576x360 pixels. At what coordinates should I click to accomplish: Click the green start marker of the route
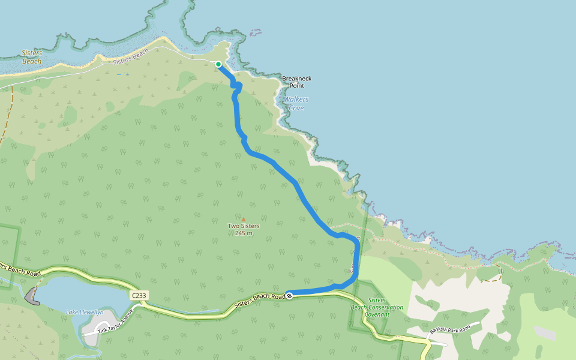(218, 64)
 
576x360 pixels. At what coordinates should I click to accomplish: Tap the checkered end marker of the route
(289, 295)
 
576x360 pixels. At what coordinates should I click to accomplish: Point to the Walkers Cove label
(296, 103)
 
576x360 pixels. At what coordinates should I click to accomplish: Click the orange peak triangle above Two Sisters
(244, 220)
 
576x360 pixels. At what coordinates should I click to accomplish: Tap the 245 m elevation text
(244, 233)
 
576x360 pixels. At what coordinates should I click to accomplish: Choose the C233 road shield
(138, 296)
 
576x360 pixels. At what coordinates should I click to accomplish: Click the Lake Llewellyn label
(85, 312)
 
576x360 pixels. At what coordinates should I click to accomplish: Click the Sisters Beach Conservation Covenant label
(377, 307)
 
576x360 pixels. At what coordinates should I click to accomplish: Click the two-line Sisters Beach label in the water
(32, 57)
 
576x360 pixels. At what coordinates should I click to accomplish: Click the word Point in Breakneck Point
(296, 86)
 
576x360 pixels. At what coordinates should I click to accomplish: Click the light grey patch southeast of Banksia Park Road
(545, 333)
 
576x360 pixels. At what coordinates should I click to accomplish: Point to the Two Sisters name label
(244, 226)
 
